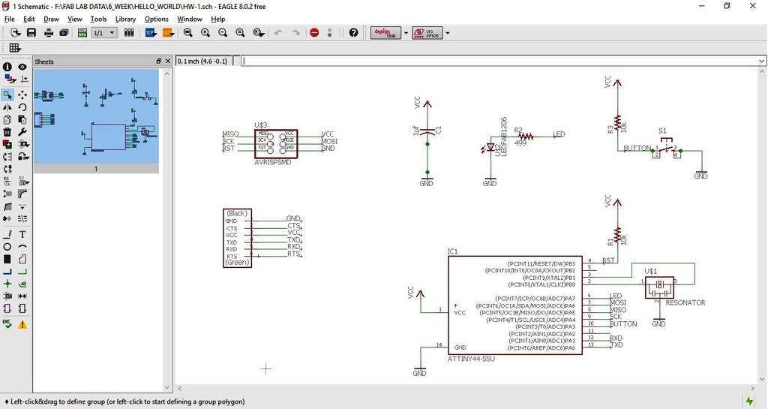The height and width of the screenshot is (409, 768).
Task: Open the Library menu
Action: (125, 19)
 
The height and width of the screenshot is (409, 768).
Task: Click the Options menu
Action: (156, 19)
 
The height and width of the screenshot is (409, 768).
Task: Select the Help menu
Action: (217, 19)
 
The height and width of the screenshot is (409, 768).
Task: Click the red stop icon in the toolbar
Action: (314, 33)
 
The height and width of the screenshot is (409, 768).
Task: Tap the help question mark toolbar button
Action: (353, 33)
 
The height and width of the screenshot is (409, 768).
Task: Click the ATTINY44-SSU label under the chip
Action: (471, 359)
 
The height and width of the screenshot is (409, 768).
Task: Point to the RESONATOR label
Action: (685, 302)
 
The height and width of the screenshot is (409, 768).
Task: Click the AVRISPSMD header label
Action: (271, 162)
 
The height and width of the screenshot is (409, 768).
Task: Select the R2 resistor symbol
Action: (526, 137)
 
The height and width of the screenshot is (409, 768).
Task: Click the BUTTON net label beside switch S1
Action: (637, 148)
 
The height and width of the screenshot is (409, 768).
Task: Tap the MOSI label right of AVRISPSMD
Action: (329, 141)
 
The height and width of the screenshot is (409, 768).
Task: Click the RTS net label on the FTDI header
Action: (293, 254)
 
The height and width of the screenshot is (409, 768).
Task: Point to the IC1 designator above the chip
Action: (452, 251)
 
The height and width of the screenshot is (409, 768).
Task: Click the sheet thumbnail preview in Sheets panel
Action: (96, 116)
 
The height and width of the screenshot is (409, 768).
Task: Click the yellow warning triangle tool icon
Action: (22, 324)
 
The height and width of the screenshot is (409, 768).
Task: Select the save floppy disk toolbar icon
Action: (31, 33)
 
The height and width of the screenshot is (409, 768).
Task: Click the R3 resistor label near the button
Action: (610, 128)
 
